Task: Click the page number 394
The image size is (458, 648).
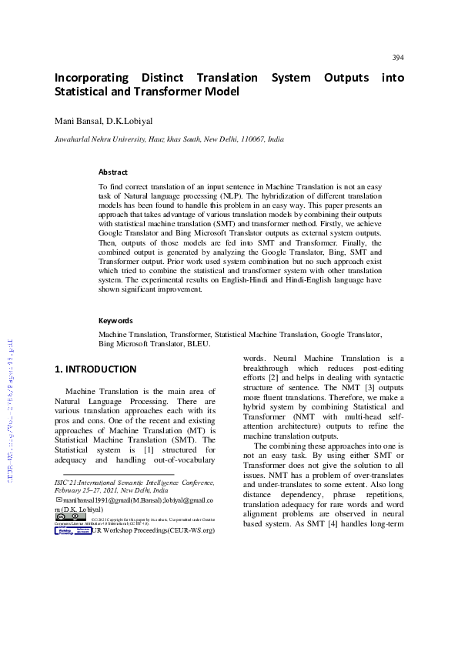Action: point(397,58)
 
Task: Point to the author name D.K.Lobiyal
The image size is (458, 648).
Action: point(130,122)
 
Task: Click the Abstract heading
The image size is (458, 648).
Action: point(113,172)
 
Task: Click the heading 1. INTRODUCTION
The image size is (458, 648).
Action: point(95,369)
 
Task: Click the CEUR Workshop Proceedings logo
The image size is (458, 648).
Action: point(72,530)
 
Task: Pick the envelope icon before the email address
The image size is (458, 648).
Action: point(59,499)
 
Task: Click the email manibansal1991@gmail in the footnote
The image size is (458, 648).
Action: point(98,500)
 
